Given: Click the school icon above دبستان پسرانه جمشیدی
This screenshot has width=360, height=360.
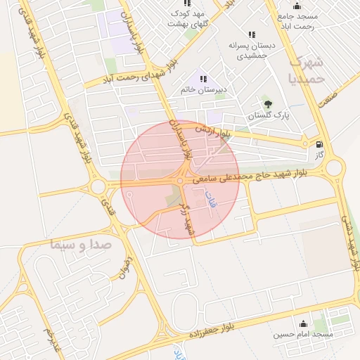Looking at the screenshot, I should coord(251,35).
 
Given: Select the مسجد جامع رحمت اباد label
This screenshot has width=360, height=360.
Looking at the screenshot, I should coord(298,21).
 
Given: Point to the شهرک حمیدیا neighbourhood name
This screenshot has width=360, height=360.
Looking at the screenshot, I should coord(307,68).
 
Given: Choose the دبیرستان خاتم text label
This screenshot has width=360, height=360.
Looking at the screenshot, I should coord(202,89).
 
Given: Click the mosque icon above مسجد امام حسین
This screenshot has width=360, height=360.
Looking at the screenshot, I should coord(303,323).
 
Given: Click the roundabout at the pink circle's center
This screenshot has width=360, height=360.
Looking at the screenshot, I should coord(181,181).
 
